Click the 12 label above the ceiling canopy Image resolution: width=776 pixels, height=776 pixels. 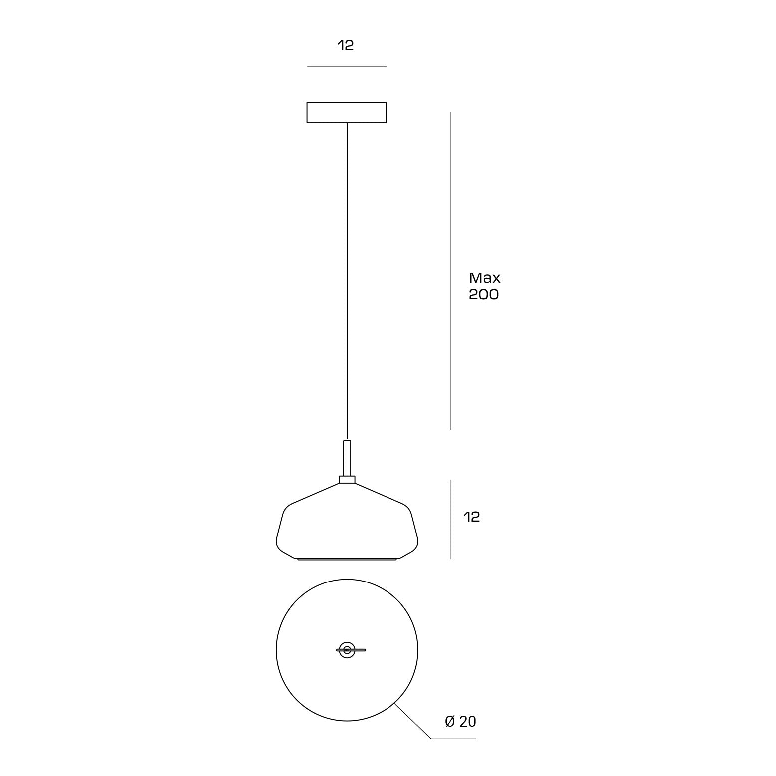346,46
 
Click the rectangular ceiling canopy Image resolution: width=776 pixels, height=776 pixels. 347,112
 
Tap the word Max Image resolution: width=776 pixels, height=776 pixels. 484,278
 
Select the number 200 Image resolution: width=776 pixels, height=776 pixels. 483,295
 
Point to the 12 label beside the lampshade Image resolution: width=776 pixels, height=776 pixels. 471,517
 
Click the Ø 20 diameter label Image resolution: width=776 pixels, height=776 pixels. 460,721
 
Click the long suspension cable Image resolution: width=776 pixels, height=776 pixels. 347,279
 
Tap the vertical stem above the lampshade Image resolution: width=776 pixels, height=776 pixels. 347,458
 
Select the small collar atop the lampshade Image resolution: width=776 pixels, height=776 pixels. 347,480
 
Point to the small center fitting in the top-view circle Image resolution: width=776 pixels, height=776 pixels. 347,650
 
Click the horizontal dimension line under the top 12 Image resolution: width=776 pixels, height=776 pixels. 347,66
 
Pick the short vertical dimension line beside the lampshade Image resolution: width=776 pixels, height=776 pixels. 451,519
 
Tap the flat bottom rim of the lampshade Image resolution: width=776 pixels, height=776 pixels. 347,559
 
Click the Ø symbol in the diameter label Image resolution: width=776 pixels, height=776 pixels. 450,721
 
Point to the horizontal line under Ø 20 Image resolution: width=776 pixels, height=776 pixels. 453,739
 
